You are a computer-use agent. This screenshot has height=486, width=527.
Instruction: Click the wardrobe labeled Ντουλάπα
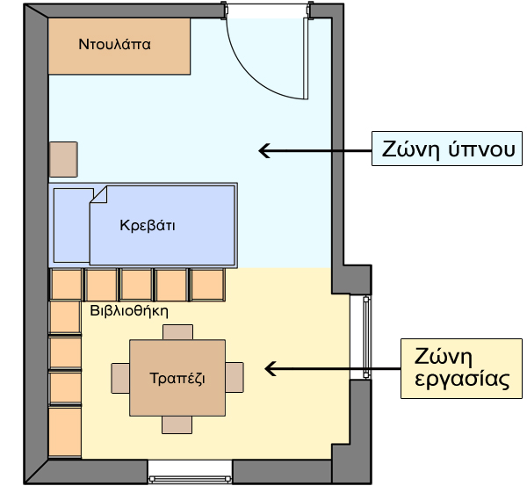pyautogui.click(x=119, y=46)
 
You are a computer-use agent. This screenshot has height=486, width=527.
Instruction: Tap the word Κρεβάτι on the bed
pyautogui.click(x=148, y=225)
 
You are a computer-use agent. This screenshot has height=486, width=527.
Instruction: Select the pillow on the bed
pyautogui.click(x=72, y=225)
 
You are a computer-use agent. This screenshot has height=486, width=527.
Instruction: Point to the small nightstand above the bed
pyautogui.click(x=63, y=159)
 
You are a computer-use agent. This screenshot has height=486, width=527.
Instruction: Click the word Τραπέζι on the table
pyautogui.click(x=177, y=379)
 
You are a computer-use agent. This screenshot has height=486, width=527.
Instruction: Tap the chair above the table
pyautogui.click(x=177, y=332)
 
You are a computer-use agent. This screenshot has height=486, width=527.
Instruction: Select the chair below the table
pyautogui.click(x=177, y=424)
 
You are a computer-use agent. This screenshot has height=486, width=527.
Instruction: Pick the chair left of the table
pyautogui.click(x=120, y=378)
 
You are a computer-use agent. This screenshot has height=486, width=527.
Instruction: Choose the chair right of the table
pyautogui.click(x=235, y=377)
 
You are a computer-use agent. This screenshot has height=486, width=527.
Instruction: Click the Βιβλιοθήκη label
pyautogui.click(x=129, y=311)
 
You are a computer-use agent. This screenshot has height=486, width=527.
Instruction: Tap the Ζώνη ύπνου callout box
pyautogui.click(x=447, y=149)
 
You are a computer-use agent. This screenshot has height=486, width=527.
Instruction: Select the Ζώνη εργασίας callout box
pyautogui.click(x=461, y=368)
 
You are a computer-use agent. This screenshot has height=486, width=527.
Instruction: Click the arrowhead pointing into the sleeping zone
pyautogui.click(x=263, y=150)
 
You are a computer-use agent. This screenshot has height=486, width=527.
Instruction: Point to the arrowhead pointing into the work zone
pyautogui.click(x=271, y=369)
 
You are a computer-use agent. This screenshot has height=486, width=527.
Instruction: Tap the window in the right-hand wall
pyautogui.click(x=366, y=337)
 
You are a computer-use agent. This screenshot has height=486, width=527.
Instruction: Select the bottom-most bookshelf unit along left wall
pyautogui.click(x=65, y=432)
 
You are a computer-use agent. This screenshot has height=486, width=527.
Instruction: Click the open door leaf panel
pyautogui.click(x=306, y=59)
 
